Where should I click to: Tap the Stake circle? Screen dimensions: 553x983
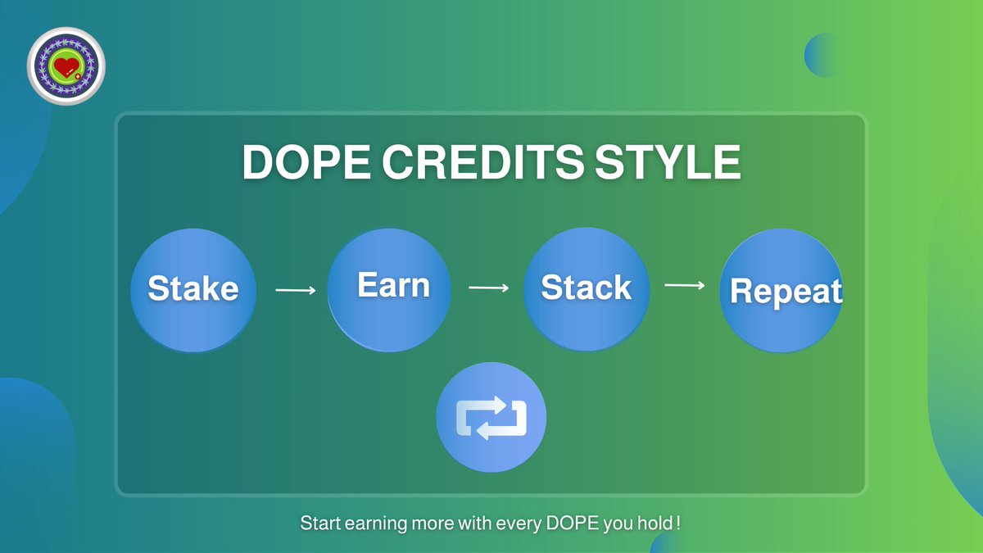click(193, 290)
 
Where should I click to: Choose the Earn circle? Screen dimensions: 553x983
click(390, 290)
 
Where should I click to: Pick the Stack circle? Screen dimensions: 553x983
click(587, 290)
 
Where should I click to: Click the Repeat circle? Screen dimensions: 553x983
click(782, 292)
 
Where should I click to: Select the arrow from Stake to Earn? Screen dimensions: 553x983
click(296, 290)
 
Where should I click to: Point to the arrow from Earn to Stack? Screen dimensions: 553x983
click(488, 288)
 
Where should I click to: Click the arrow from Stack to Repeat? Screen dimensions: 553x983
click(685, 285)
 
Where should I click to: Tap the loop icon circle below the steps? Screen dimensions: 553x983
click(491, 419)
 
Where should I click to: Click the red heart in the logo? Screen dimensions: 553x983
click(65, 65)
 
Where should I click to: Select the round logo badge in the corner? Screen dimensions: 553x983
click(66, 66)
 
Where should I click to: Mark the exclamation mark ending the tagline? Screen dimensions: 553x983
click(678, 522)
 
